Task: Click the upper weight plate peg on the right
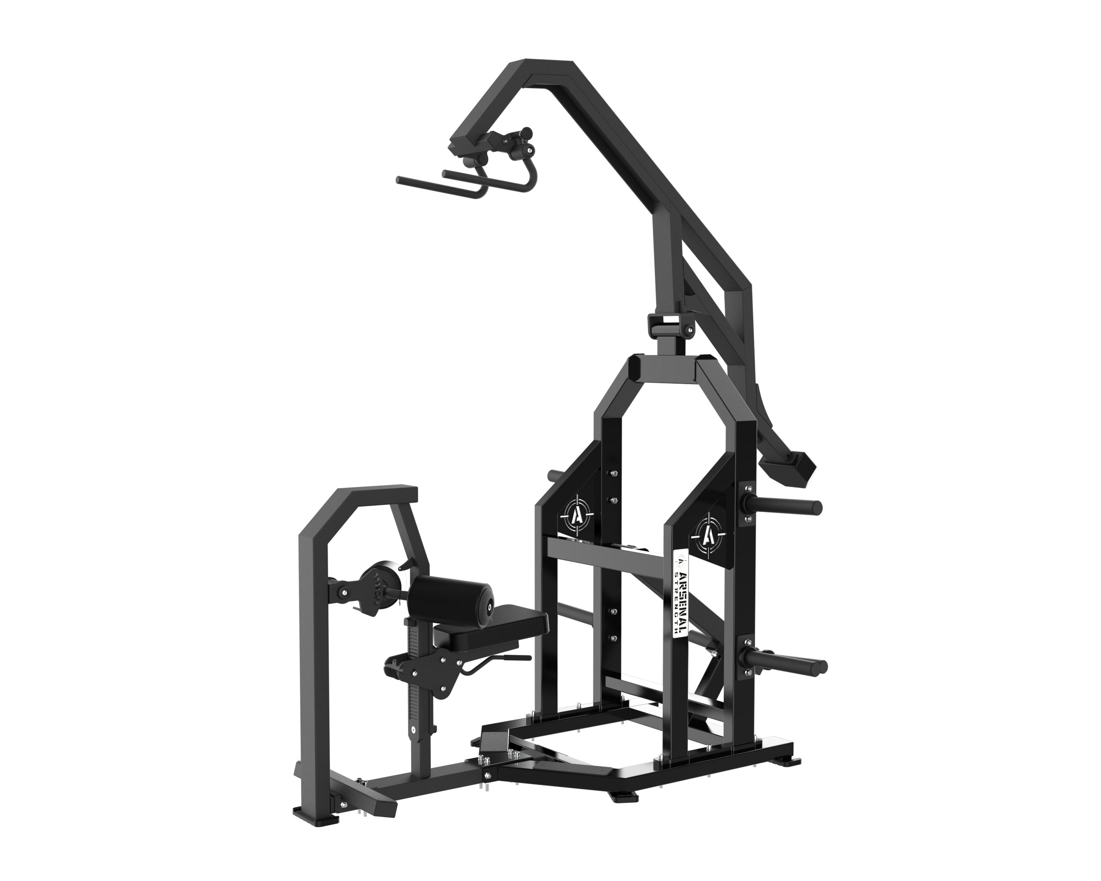(781, 507)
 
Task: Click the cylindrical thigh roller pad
(452, 594)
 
